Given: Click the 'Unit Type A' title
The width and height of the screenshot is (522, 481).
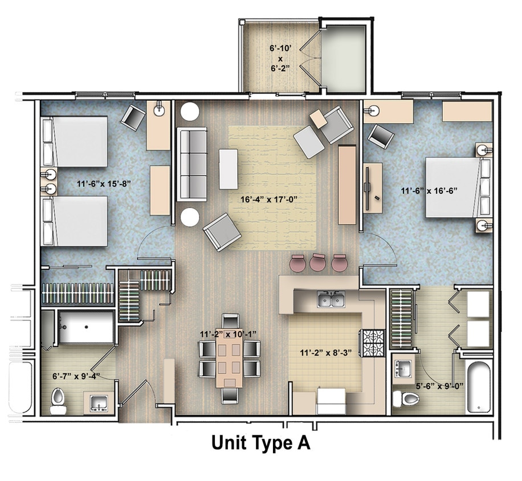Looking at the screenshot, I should click(261, 443).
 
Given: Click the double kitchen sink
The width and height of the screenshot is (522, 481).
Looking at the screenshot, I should click(331, 299).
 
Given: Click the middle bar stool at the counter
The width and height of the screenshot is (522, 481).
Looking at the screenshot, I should click(317, 262).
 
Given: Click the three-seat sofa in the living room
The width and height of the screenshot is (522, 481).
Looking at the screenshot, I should click(191, 164).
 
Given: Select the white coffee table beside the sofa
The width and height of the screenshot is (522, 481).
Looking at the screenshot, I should click(229, 169).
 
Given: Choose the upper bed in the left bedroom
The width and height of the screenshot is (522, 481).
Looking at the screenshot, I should click(75, 141).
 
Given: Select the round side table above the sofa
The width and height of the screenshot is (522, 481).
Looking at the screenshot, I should click(190, 111).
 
